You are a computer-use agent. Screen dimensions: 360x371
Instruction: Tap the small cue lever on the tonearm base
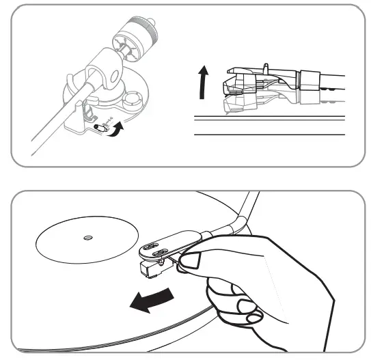(x=101, y=127)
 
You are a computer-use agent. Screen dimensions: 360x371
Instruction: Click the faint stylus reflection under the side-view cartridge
(x=236, y=105)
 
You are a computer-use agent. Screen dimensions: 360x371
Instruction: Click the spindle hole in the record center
(x=86, y=238)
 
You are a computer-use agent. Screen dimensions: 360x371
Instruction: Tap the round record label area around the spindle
(x=75, y=243)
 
